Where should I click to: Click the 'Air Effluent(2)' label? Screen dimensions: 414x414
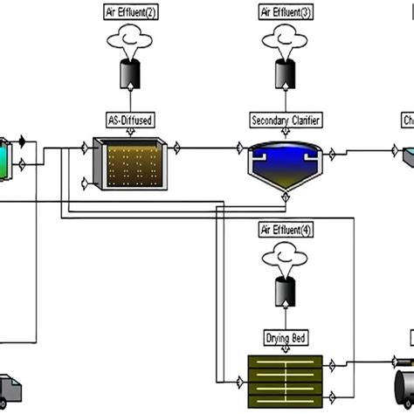point(129,13)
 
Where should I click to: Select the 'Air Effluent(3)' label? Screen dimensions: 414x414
point(283,13)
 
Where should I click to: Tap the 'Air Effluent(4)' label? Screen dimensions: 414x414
point(283,231)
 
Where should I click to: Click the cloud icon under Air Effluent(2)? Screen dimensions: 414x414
point(129,39)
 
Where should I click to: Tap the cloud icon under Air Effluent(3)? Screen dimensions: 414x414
point(283,39)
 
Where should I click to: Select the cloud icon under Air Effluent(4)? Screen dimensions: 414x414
point(283,257)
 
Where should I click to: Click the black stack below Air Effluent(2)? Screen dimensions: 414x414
point(129,77)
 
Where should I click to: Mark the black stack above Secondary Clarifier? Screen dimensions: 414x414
point(283,77)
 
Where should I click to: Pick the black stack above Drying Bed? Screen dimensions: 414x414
point(283,294)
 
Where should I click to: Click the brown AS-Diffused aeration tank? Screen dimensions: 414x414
point(129,164)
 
